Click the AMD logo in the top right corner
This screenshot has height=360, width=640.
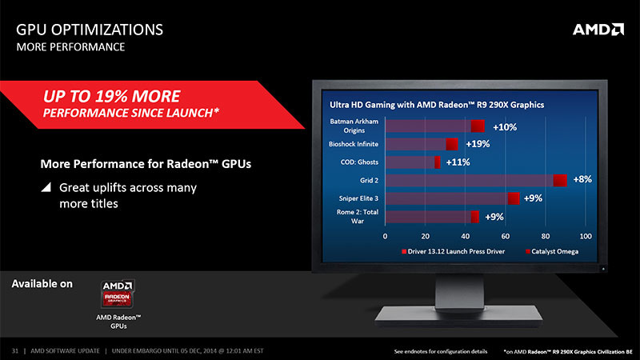coord(598,30)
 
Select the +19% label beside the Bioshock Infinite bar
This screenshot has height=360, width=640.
coord(478,144)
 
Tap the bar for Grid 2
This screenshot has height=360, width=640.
coord(476,181)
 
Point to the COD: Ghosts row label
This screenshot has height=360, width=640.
coord(359,162)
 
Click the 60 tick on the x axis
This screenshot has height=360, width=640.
coord(506,236)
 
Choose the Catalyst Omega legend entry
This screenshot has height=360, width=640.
coord(552,251)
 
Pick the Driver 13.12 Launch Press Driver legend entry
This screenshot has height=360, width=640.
coord(454,251)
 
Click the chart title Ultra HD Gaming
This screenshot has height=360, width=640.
coord(437,105)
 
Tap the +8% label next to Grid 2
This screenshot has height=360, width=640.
coord(582,179)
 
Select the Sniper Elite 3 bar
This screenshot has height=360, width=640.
coord(452,198)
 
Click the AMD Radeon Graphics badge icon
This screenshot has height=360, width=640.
coord(118,293)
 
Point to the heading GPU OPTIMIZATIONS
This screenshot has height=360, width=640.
coord(90,30)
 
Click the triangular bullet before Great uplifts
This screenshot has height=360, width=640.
coord(46,187)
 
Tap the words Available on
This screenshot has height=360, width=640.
coord(42,284)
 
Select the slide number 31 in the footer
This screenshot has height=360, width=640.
coord(15,351)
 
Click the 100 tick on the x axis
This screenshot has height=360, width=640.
coord(586,236)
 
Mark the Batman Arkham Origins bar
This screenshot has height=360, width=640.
coord(435,126)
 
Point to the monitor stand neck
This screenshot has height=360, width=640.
coord(459,290)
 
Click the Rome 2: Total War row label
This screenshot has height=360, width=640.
coord(358,216)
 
